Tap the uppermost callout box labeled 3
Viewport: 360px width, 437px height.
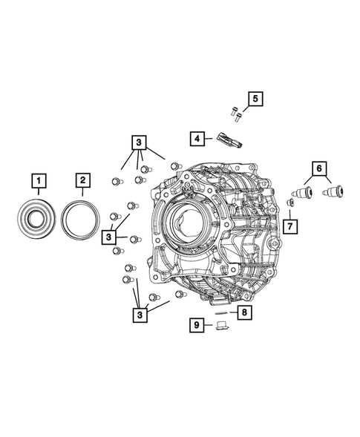tap(137, 142)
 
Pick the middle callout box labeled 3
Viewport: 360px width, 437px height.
tap(110, 236)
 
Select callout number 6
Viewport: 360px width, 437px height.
tap(318, 169)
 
